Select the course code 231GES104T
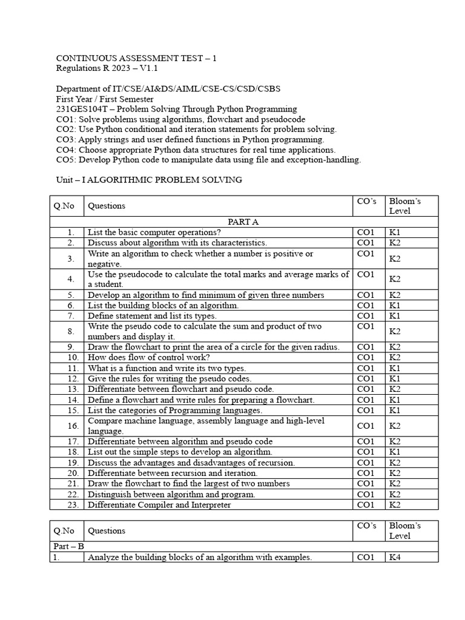(77, 109)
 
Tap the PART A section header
(243, 222)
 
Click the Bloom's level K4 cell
(395, 557)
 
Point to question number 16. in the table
(71, 426)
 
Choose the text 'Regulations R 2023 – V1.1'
(106, 68)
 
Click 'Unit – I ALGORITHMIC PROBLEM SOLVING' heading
(149, 180)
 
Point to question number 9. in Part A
(71, 347)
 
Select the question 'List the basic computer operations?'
(154, 232)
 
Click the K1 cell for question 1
(395, 232)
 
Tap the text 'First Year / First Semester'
(105, 99)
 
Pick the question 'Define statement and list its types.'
(152, 315)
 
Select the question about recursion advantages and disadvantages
(191, 463)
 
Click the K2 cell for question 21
(395, 483)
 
